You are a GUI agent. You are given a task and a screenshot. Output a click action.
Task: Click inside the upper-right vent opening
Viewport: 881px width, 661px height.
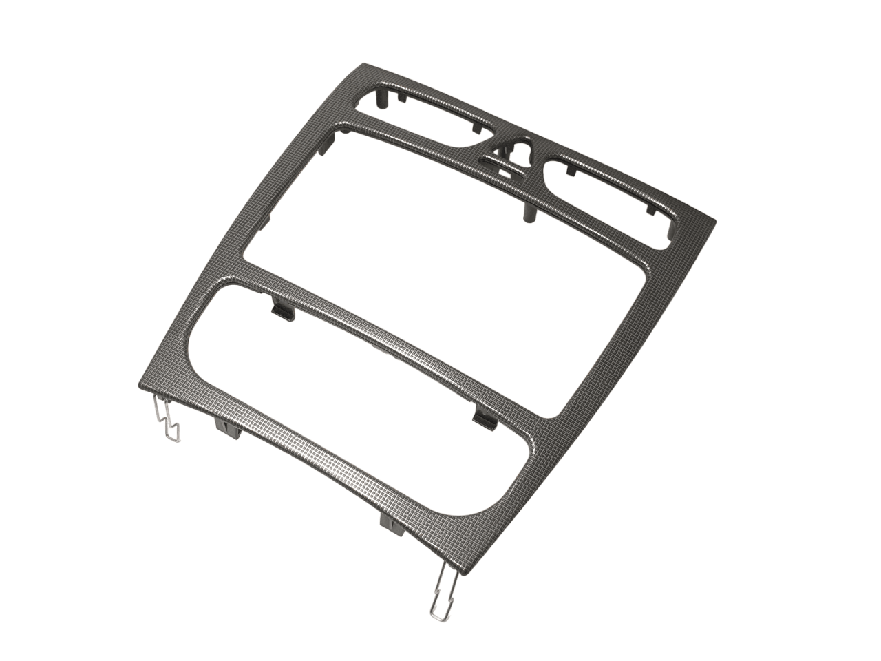606,200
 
